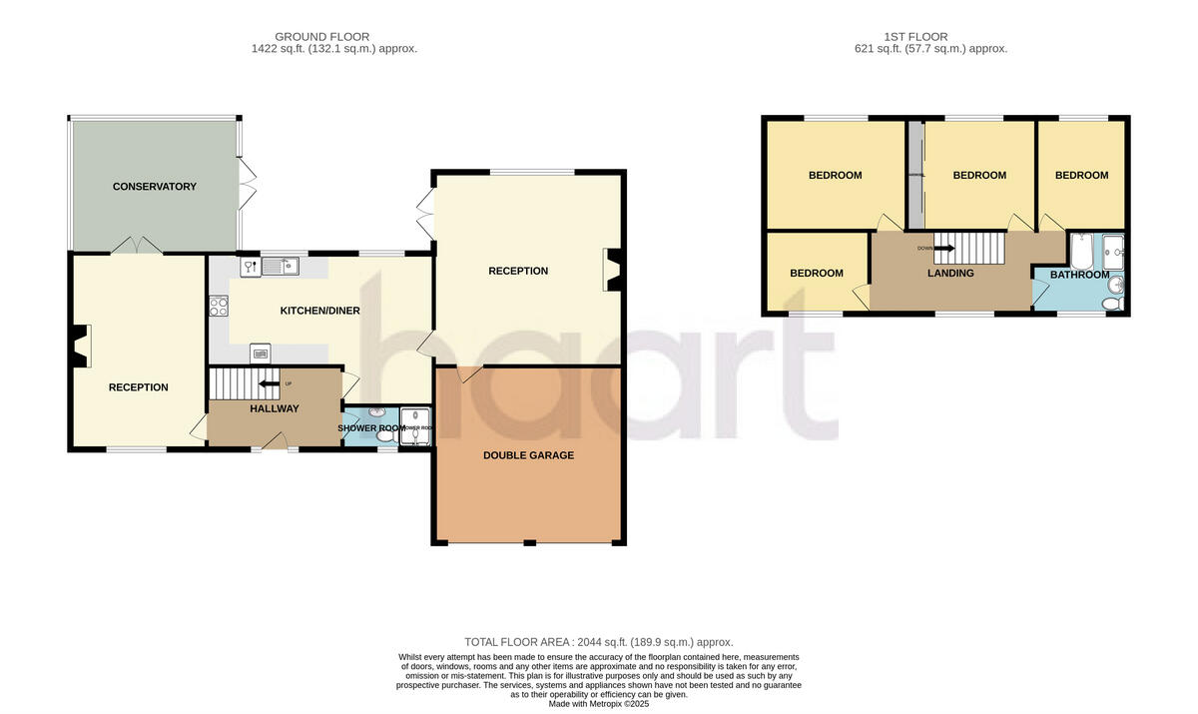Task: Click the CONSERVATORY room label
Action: [x=154, y=187]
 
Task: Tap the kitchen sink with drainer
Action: [x=281, y=267]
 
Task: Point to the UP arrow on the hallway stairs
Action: [x=270, y=383]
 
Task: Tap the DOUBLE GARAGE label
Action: [x=528, y=455]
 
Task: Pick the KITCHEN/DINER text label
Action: [x=319, y=311]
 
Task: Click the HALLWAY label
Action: [x=274, y=408]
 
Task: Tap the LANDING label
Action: [x=949, y=273]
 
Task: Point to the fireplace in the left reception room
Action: [x=80, y=346]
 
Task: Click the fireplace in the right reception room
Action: [x=611, y=270]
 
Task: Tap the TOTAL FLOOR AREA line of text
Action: [x=599, y=642]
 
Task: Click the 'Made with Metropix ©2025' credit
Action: [x=599, y=704]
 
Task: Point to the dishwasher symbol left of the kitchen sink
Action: [x=248, y=267]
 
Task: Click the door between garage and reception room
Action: [x=469, y=374]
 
